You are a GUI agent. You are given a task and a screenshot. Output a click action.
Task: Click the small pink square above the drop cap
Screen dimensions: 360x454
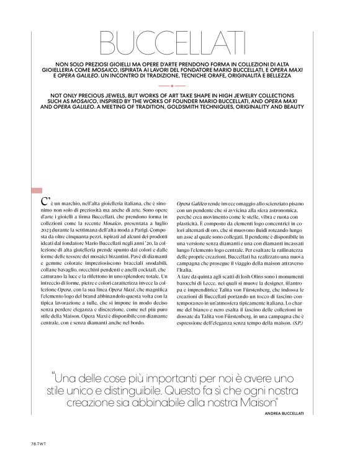(x=37, y=191)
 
